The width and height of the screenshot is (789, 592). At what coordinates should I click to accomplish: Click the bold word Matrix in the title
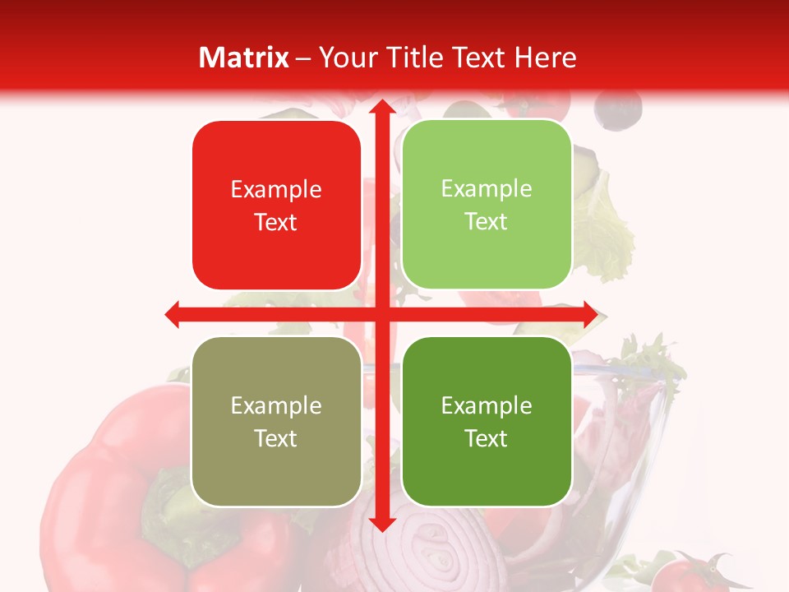pyautogui.click(x=244, y=58)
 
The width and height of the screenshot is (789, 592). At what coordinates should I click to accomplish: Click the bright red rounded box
pyautogui.click(x=276, y=206)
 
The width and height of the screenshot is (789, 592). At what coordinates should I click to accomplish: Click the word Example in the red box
pyautogui.click(x=276, y=190)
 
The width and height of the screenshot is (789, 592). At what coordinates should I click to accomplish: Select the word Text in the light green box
pyautogui.click(x=487, y=222)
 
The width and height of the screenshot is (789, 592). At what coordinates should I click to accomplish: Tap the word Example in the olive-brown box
pyautogui.click(x=276, y=405)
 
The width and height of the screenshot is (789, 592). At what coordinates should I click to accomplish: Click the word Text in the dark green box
pyautogui.click(x=487, y=438)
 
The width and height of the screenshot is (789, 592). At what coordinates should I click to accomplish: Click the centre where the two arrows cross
pyautogui.click(x=381, y=314)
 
